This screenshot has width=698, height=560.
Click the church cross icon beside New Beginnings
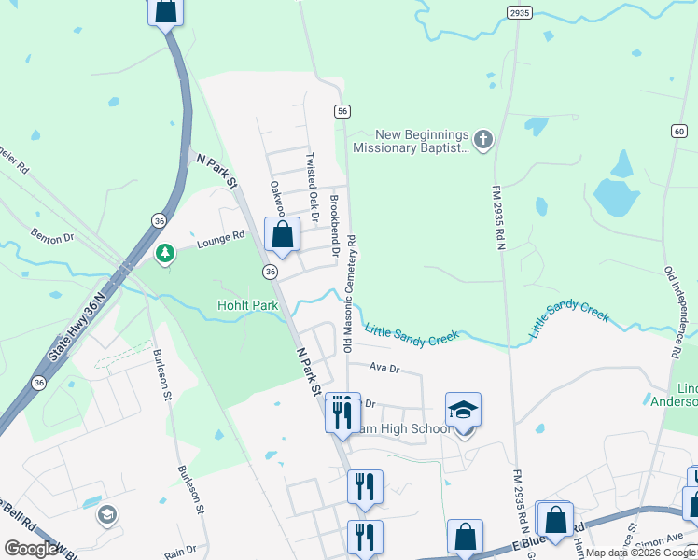pos(482,141)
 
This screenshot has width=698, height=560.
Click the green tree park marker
pos(165,252)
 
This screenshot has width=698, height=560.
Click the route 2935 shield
pos(520,12)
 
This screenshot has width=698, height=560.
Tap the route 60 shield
pos(677,132)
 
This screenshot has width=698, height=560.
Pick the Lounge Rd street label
pos(220,243)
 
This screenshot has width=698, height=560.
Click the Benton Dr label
pos(51,239)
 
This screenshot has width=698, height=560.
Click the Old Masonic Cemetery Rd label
pos(349,292)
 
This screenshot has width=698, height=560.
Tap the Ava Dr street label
pos(384,369)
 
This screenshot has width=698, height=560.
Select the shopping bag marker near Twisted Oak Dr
pos(282,235)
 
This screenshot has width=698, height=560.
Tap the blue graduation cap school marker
pos(463,410)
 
